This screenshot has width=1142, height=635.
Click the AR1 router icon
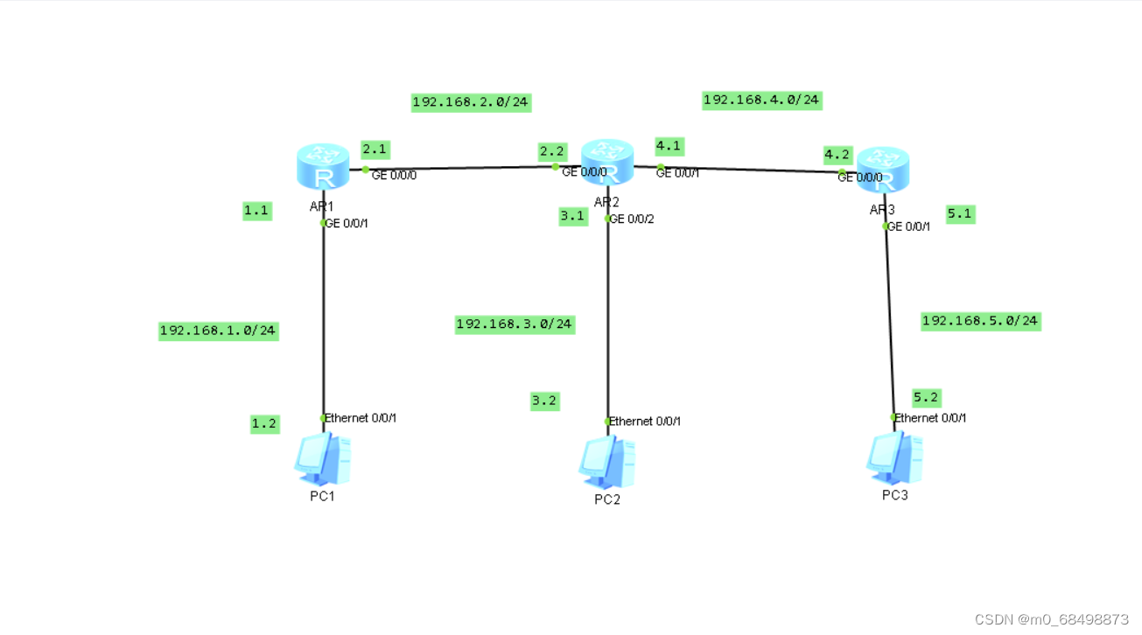(323, 167)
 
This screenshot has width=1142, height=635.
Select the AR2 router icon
(606, 162)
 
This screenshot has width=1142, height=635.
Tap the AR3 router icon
(883, 170)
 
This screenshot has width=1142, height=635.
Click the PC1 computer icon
(323, 459)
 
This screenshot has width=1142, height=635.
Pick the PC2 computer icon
(606, 462)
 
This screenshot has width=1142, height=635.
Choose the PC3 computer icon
(894, 458)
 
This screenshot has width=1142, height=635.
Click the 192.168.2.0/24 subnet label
(471, 102)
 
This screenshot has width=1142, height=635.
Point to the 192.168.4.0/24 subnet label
(761, 100)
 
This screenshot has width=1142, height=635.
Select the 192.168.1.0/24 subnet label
(218, 331)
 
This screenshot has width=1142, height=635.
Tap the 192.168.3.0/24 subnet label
(515, 324)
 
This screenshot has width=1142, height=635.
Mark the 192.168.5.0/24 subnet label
(980, 321)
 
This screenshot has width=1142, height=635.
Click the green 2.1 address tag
(375, 150)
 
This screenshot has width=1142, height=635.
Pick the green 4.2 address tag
(837, 155)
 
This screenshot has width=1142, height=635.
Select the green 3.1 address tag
(573, 216)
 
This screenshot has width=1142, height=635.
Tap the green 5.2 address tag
(926, 398)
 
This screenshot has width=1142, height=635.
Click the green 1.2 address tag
(264, 424)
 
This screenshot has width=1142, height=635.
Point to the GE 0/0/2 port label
(632, 220)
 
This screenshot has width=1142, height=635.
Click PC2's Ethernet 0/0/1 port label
(645, 422)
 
